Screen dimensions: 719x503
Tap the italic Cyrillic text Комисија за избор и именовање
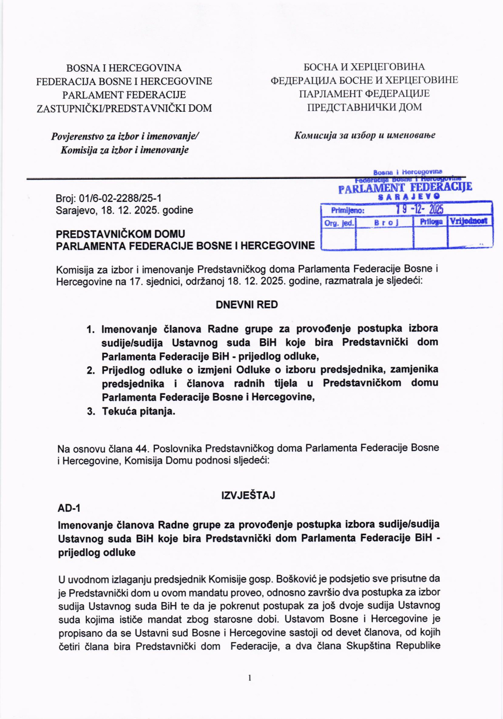364,135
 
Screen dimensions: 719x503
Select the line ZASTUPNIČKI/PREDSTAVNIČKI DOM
124,108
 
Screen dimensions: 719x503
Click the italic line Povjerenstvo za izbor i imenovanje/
125,137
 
